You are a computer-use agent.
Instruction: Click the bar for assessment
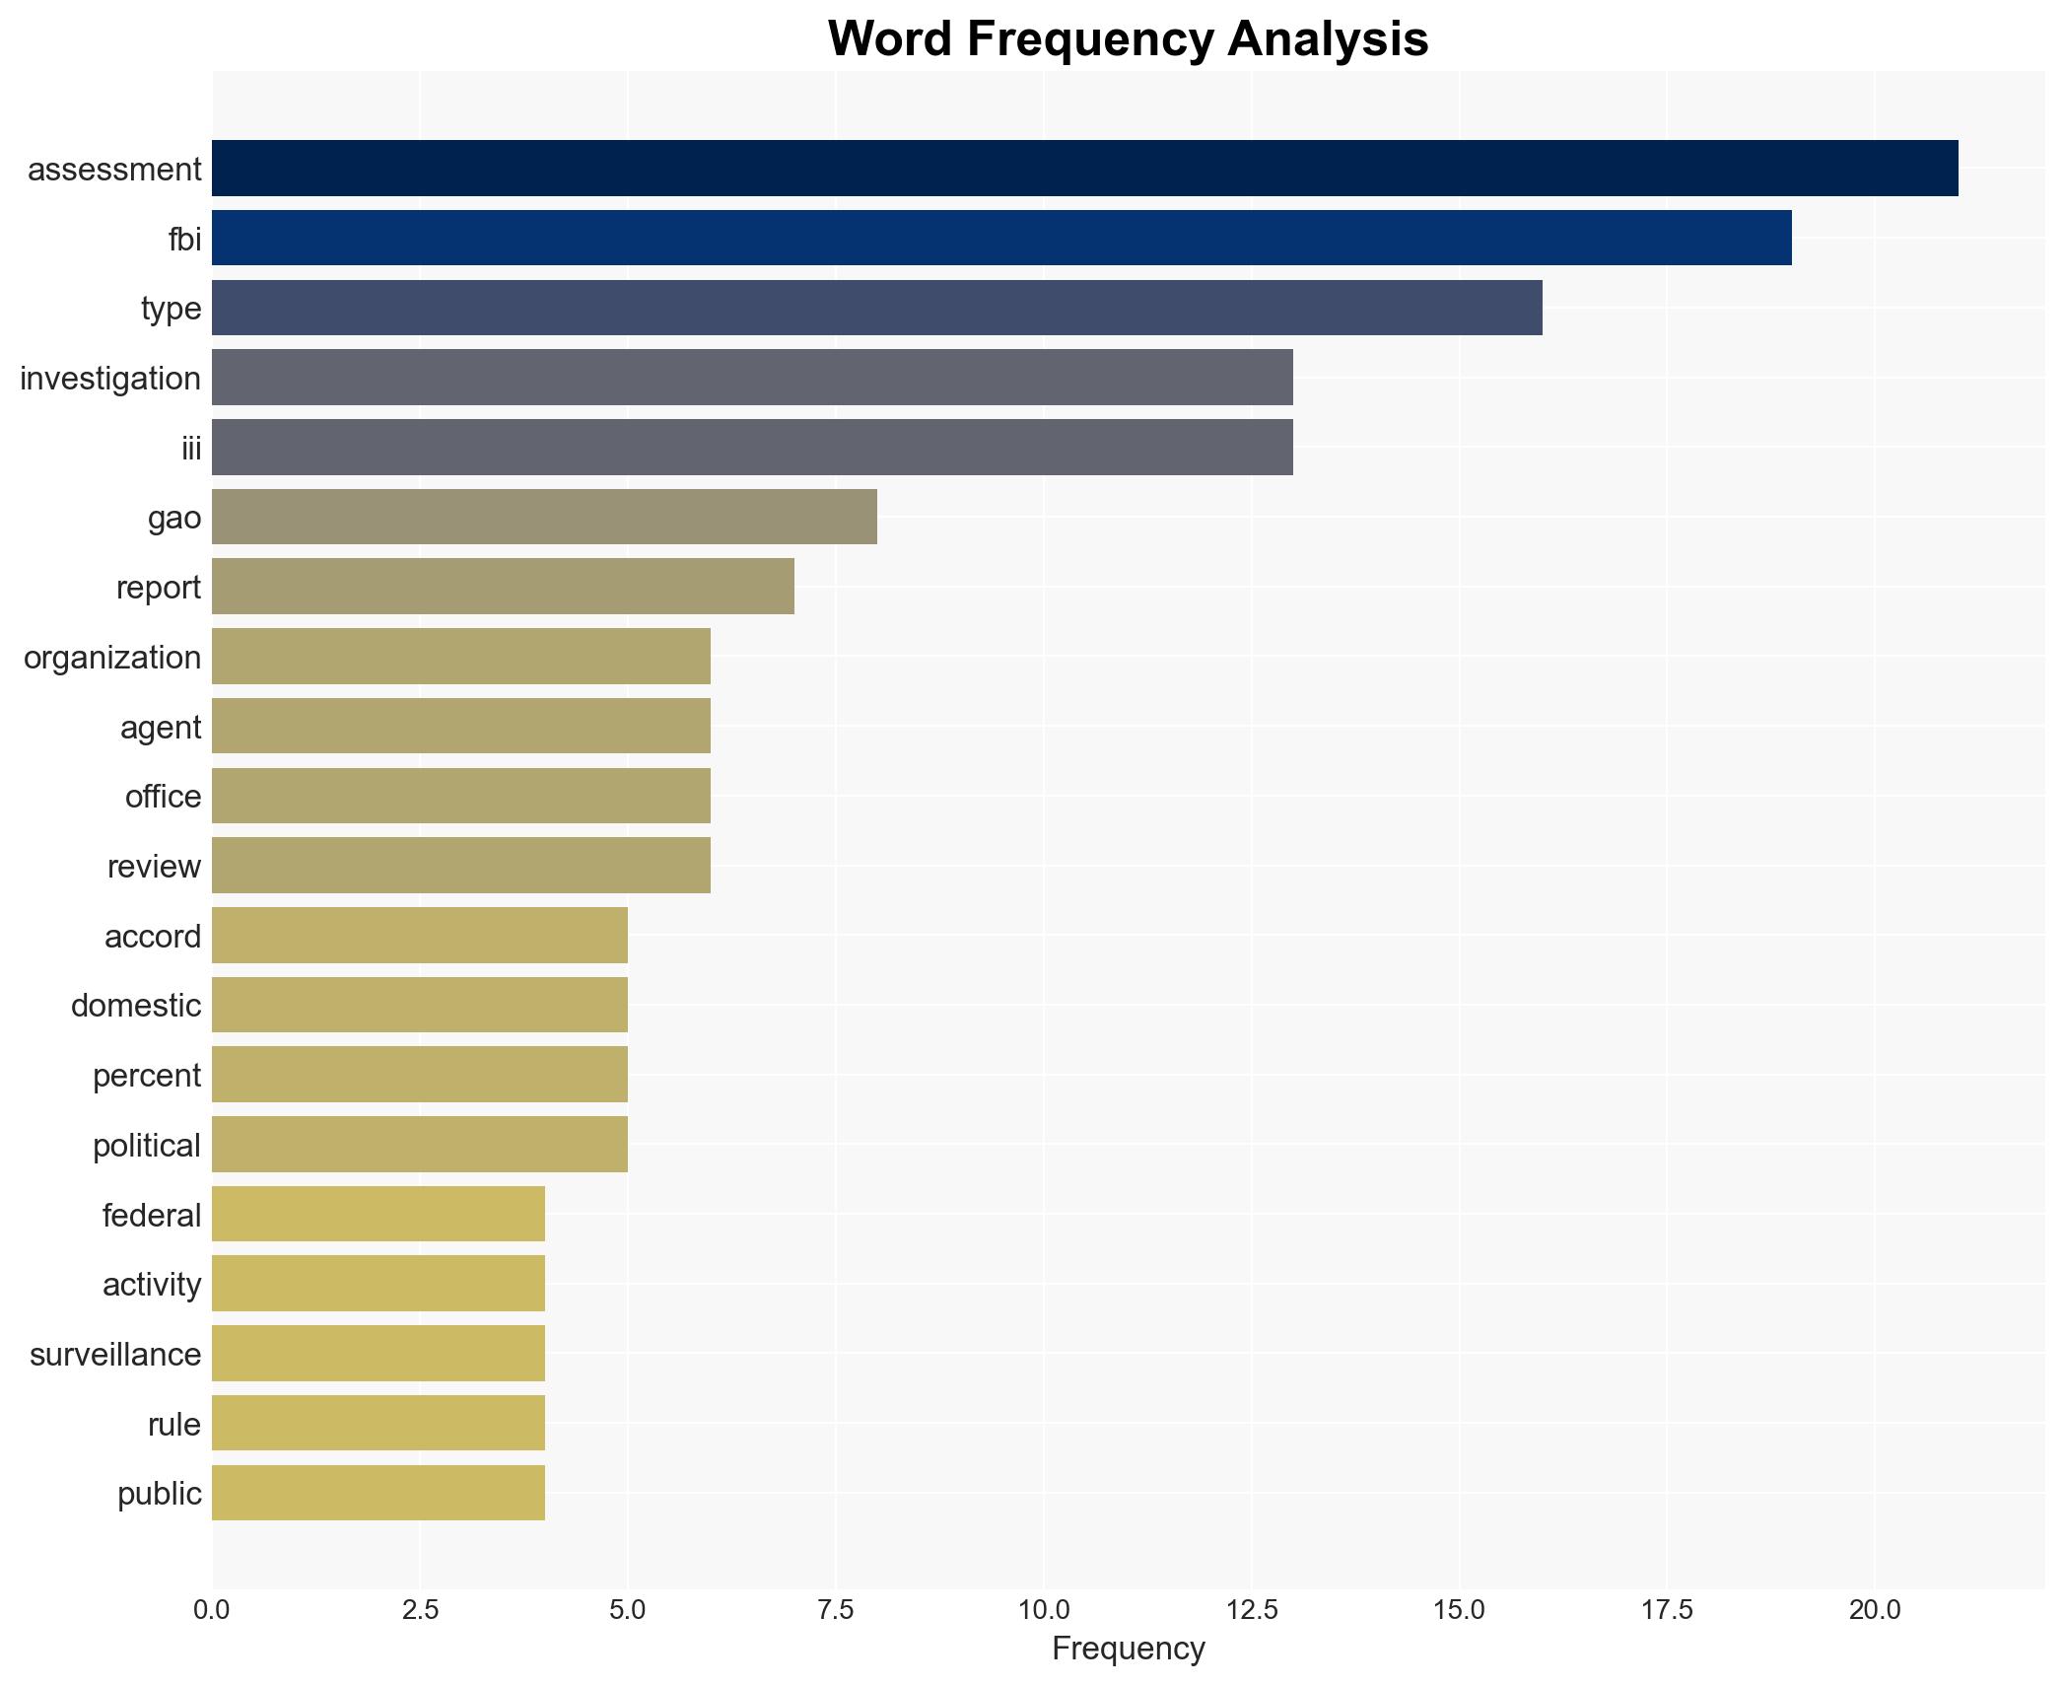(1084, 168)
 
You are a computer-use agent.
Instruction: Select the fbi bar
(1001, 238)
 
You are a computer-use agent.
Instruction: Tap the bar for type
(876, 308)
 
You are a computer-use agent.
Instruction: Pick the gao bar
(544, 517)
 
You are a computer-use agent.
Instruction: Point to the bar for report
(503, 587)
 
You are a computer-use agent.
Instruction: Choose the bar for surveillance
(379, 1353)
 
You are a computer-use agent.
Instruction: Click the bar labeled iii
(752, 447)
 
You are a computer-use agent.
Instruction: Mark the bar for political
(420, 1144)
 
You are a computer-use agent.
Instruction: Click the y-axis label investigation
(110, 379)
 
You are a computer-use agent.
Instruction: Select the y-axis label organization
(112, 658)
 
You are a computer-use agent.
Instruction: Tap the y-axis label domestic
(136, 1006)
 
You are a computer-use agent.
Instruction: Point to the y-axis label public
(159, 1494)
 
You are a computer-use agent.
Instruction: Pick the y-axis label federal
(151, 1215)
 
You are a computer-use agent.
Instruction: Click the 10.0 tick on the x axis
(1044, 1610)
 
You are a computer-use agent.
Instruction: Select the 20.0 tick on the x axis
(1875, 1610)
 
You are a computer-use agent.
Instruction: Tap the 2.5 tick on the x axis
(420, 1610)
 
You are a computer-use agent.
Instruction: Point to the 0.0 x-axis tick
(212, 1610)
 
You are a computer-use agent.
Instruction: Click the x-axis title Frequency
(1128, 1649)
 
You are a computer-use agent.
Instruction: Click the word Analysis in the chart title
(1328, 39)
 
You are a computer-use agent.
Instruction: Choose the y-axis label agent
(161, 728)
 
